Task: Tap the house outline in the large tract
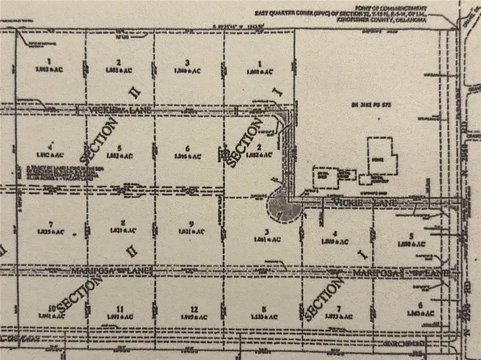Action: click(378, 154)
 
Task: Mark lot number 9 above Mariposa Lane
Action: click(191, 224)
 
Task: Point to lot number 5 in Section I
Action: click(411, 236)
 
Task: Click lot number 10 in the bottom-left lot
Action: click(50, 308)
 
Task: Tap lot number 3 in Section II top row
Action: click(187, 62)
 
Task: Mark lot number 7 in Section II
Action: click(50, 224)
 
